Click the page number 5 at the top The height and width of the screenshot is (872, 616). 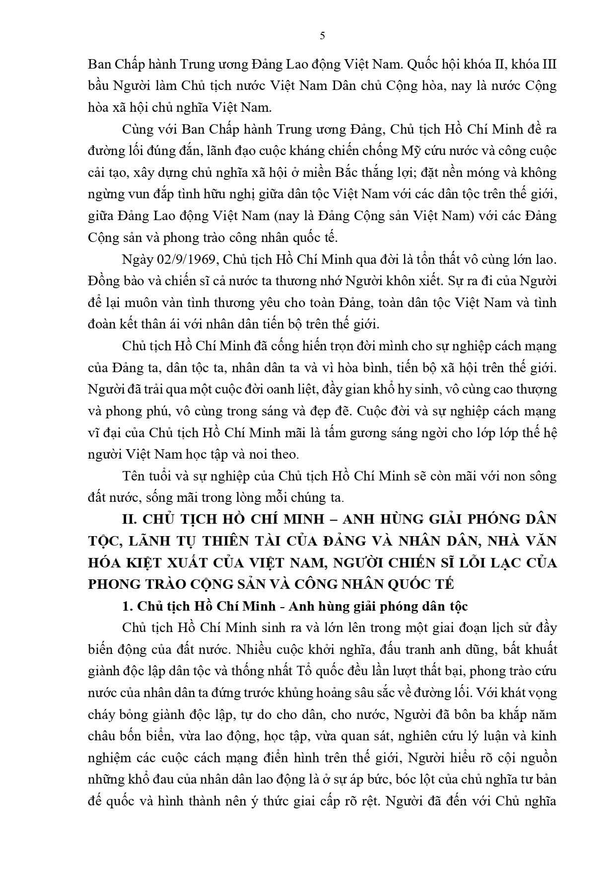323,35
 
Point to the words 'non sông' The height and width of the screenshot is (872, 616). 530,476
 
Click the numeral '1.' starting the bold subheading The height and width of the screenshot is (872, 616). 127,607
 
